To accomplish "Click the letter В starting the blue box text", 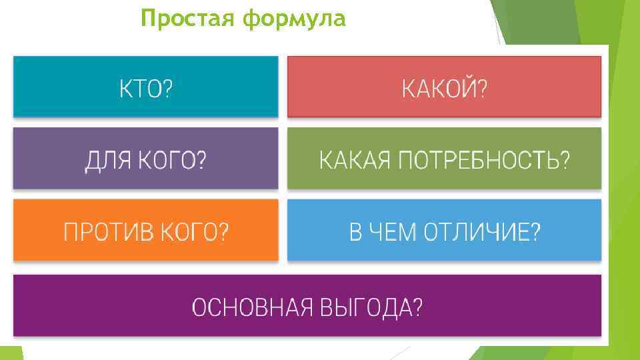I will coord(357,232).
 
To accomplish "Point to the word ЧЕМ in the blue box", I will coord(394,232).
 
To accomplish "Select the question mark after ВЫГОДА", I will coord(417,307).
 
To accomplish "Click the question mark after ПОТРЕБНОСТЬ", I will coord(565,160).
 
